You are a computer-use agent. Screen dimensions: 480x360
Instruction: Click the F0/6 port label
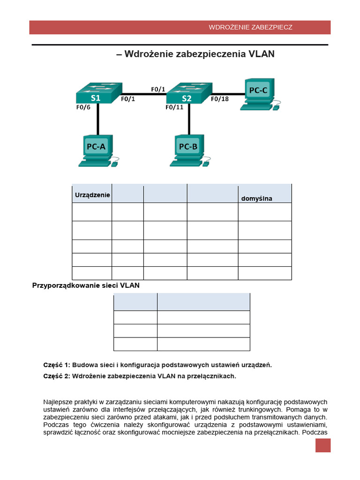pos(83,107)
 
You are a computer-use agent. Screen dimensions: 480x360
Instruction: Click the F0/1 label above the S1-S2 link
pos(158,89)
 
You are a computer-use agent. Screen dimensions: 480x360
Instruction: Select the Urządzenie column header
pos(92,195)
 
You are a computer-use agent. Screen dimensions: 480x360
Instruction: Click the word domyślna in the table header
pos(256,199)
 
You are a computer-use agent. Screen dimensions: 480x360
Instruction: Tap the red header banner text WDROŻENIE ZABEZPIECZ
pos(250,27)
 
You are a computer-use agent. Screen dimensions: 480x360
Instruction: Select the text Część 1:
pos(57,365)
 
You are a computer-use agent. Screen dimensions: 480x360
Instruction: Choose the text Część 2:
pos(57,376)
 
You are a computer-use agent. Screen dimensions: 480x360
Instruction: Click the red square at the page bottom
pos(323,445)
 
